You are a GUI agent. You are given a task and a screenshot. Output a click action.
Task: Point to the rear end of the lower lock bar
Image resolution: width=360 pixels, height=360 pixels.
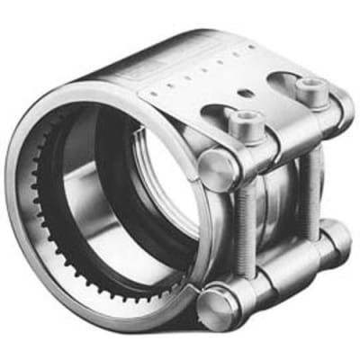point(337,236)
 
